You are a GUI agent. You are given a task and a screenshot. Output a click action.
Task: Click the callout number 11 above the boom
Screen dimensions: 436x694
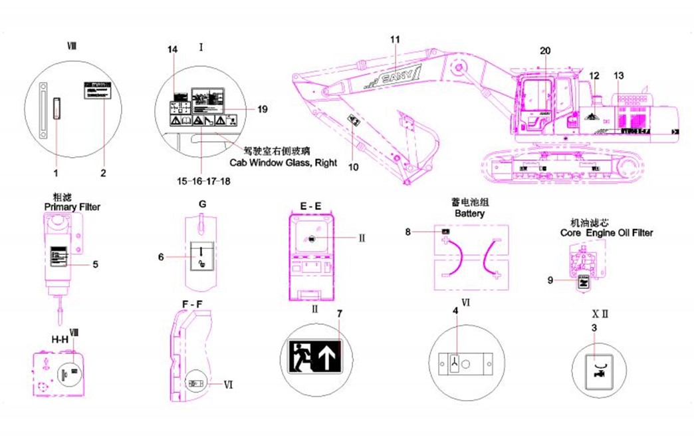pos(395,39)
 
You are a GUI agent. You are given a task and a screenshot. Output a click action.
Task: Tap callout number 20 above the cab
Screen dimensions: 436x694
pos(545,51)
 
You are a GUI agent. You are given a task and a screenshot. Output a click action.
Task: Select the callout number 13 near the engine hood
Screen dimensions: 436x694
pos(619,75)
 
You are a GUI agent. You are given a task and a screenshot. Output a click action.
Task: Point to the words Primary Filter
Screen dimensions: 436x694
pos(72,207)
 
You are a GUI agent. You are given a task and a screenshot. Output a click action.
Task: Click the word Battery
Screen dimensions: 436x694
pos(469,214)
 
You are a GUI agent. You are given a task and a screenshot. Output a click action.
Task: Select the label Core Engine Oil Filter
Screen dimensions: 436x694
pos(607,233)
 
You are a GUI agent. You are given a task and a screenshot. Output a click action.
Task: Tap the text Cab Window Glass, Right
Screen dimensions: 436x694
pos(283,162)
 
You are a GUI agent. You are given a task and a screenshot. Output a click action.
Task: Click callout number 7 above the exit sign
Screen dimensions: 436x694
pos(339,313)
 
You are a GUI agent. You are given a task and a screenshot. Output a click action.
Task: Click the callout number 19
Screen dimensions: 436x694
pos(262,109)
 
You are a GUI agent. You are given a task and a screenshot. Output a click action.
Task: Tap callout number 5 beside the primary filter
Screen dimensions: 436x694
pos(95,264)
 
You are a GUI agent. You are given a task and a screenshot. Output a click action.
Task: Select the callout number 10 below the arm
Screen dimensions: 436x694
pos(354,167)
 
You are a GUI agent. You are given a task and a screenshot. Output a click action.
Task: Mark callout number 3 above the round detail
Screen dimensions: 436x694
pos(594,327)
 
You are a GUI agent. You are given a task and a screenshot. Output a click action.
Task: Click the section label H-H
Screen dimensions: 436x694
pos(60,339)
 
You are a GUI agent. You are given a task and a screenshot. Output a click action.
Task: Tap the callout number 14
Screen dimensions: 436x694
pos(173,50)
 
